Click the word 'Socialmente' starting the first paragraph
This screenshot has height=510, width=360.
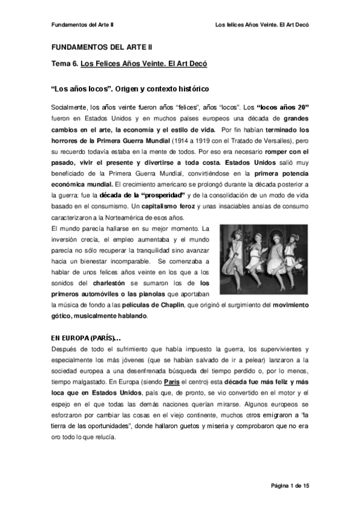(69, 106)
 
